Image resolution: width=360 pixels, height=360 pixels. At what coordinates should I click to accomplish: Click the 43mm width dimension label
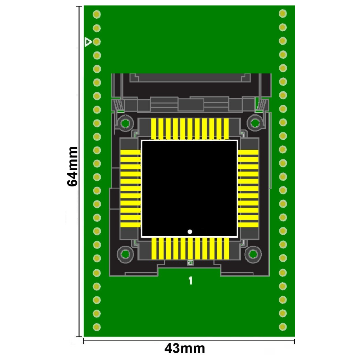[x=185, y=348]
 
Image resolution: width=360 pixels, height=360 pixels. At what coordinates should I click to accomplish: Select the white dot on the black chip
[x=190, y=231]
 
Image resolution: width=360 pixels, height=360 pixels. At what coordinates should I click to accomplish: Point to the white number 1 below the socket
[x=190, y=280]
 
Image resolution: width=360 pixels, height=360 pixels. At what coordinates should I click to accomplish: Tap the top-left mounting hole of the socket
[x=125, y=123]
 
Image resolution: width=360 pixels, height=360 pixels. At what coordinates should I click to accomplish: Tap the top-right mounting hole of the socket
[x=255, y=123]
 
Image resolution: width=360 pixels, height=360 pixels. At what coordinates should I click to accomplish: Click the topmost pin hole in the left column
[x=96, y=14]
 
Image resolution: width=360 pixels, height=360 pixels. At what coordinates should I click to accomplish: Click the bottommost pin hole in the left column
[x=96, y=327]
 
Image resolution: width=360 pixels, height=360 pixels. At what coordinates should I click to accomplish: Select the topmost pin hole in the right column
[x=283, y=14]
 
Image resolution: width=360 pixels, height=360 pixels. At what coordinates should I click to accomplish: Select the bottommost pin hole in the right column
[x=283, y=327]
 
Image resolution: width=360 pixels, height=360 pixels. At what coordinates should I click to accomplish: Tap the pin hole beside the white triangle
[x=96, y=42]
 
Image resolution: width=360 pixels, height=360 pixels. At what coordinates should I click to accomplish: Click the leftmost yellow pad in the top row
[x=154, y=129]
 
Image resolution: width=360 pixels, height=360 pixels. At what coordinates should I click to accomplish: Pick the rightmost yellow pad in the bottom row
[x=226, y=248]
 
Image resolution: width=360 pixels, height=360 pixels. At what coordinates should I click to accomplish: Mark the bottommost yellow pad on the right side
[x=248, y=225]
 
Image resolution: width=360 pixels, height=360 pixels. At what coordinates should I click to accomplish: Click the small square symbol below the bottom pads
[x=190, y=263]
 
